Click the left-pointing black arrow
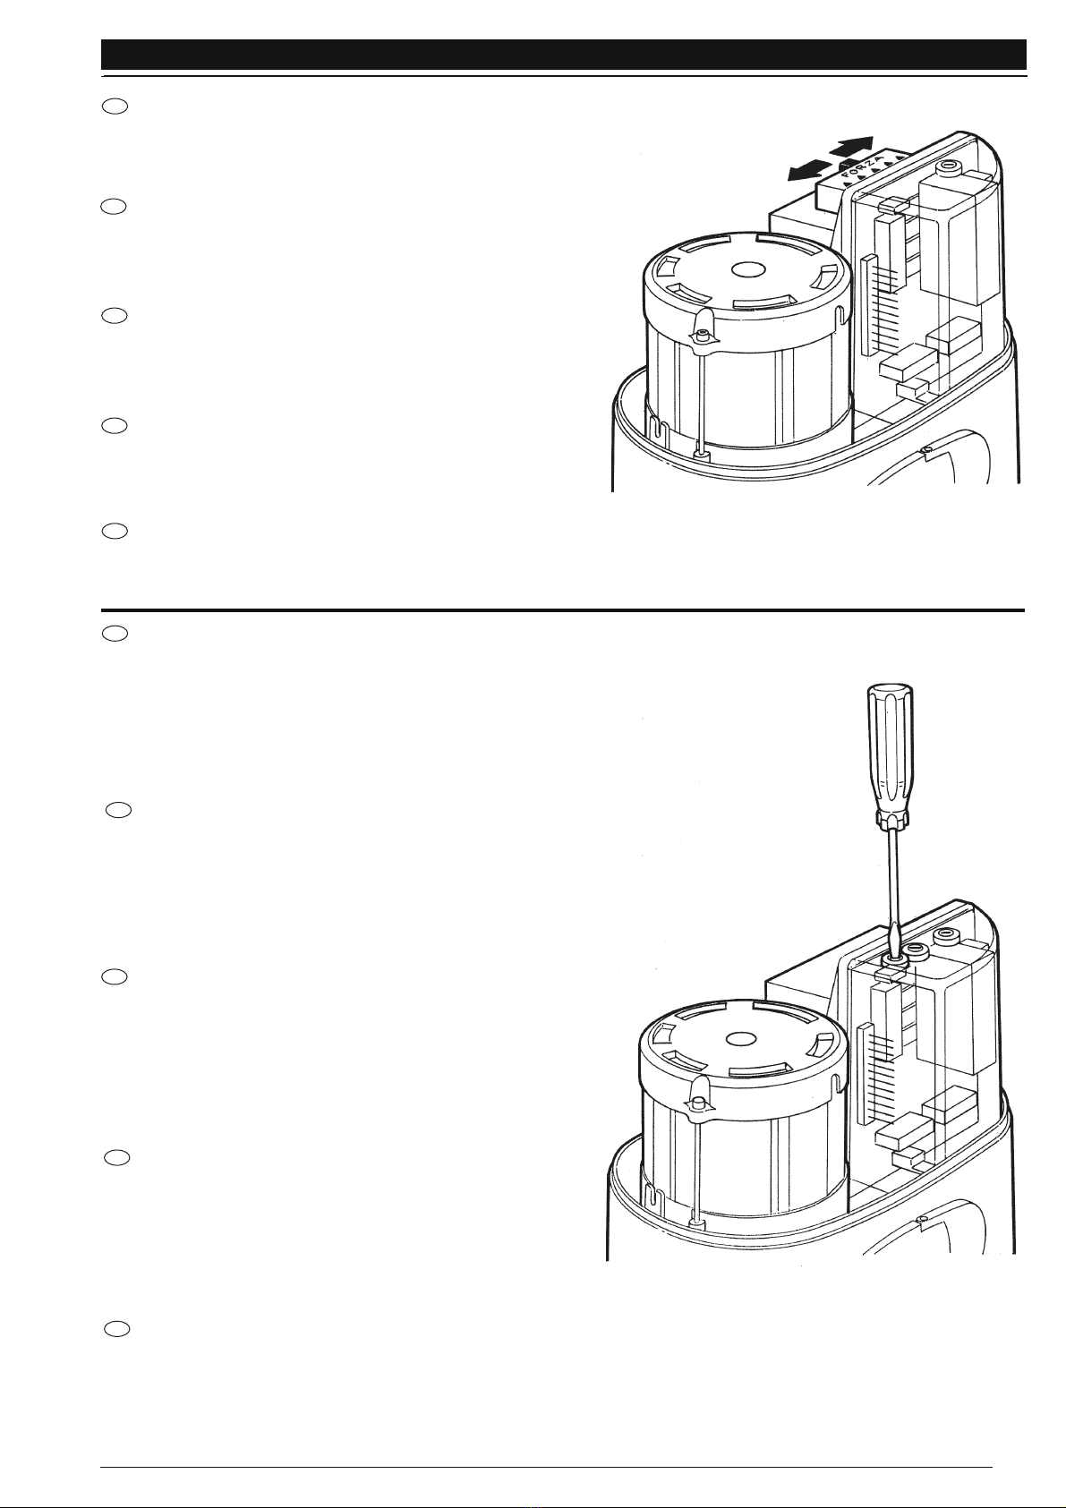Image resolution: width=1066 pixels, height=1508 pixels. [x=808, y=170]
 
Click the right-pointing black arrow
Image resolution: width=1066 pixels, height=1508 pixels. [x=851, y=147]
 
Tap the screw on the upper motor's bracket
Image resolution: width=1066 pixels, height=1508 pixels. [x=701, y=334]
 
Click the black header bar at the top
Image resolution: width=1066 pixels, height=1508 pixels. [x=564, y=55]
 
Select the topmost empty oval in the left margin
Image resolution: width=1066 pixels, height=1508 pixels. [x=115, y=106]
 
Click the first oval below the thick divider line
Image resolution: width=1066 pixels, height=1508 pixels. [x=115, y=633]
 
